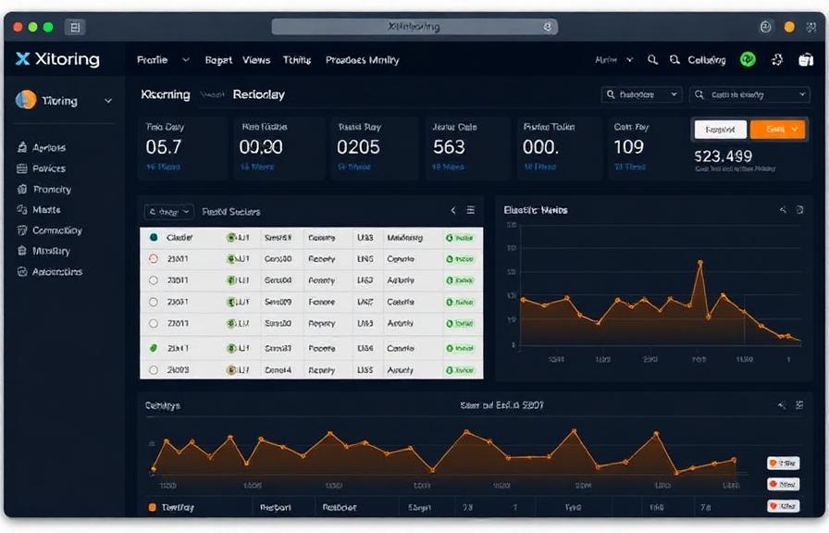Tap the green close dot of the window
tap(48, 28)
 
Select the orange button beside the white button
tap(776, 130)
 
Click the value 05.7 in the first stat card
tap(164, 146)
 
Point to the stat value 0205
tap(358, 146)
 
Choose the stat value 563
tap(449, 146)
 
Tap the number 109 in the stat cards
tap(628, 146)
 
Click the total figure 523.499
tap(723, 156)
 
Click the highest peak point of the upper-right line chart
tap(699, 264)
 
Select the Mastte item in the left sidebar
tap(46, 210)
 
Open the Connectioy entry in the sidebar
tap(56, 230)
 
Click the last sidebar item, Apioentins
tap(56, 272)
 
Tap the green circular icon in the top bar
tap(748, 60)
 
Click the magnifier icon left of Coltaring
tap(674, 60)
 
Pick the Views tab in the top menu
tap(256, 60)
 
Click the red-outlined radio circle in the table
tap(154, 258)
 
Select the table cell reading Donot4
tap(278, 369)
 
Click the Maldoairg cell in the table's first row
tap(404, 238)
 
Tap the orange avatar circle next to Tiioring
tap(26, 101)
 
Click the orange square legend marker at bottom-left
tap(153, 507)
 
